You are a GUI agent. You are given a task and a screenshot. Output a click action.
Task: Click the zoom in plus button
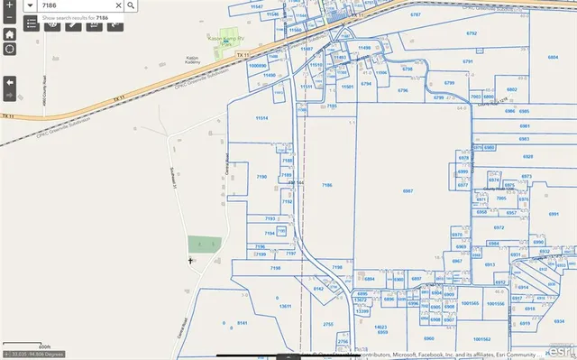[x=9, y=5]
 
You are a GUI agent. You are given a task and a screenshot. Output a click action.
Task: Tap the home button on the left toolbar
[x=9, y=33]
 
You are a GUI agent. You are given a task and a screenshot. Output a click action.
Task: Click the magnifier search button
[x=132, y=5]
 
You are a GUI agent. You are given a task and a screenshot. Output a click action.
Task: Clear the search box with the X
[x=118, y=5]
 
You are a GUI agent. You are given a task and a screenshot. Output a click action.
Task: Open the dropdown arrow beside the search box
[x=32, y=5]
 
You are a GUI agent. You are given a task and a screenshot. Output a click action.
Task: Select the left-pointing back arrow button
[x=9, y=82]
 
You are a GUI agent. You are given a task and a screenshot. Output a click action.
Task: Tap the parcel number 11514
[x=261, y=118]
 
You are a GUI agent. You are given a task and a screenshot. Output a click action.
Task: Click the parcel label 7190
[x=262, y=176]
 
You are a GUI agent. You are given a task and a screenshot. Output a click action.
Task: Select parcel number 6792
[x=471, y=32]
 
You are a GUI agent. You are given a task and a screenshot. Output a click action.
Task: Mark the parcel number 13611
[x=286, y=307]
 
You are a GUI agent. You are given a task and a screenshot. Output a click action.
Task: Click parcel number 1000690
[x=258, y=66]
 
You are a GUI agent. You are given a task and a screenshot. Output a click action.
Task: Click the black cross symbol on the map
[x=190, y=261]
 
